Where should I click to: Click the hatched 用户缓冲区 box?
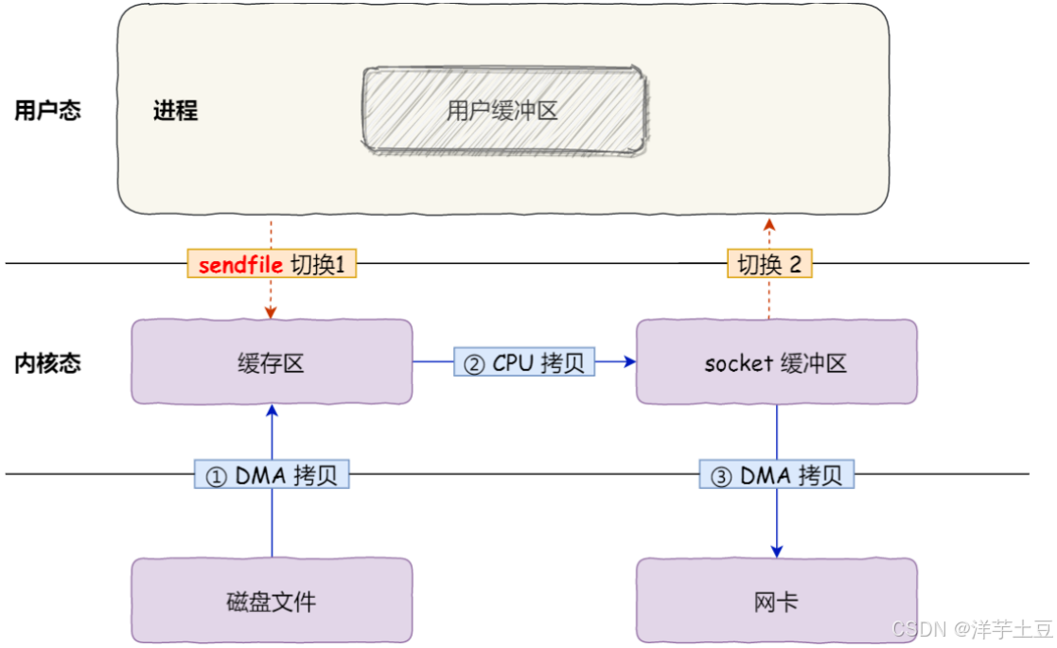pyautogui.click(x=505, y=110)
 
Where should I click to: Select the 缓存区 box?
pyautogui.click(x=272, y=361)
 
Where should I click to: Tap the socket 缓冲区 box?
pyautogui.click(x=777, y=361)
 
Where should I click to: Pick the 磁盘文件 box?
pyautogui.click(x=272, y=600)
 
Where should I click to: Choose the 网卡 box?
pyautogui.click(x=777, y=600)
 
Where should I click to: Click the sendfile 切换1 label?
pyautogui.click(x=272, y=263)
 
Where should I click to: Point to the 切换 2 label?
pyautogui.click(x=769, y=263)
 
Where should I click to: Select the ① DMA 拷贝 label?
pyautogui.click(x=272, y=474)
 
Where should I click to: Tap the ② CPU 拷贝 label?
pyautogui.click(x=524, y=361)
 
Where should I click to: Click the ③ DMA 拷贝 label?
pyautogui.click(x=777, y=474)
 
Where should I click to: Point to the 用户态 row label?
pyautogui.click(x=48, y=110)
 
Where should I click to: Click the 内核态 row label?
pyautogui.click(x=48, y=363)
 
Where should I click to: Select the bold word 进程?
pyautogui.click(x=175, y=110)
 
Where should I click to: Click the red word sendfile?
pyautogui.click(x=240, y=264)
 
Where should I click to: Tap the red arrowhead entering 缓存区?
pyautogui.click(x=271, y=313)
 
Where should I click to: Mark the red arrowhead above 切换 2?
pyautogui.click(x=769, y=224)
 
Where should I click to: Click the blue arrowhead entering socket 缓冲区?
pyautogui.click(x=629, y=361)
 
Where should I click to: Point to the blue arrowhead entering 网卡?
pyautogui.click(x=777, y=552)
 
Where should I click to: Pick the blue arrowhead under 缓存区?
pyautogui.click(x=273, y=411)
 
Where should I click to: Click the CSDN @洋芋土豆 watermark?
pyautogui.click(x=972, y=628)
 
